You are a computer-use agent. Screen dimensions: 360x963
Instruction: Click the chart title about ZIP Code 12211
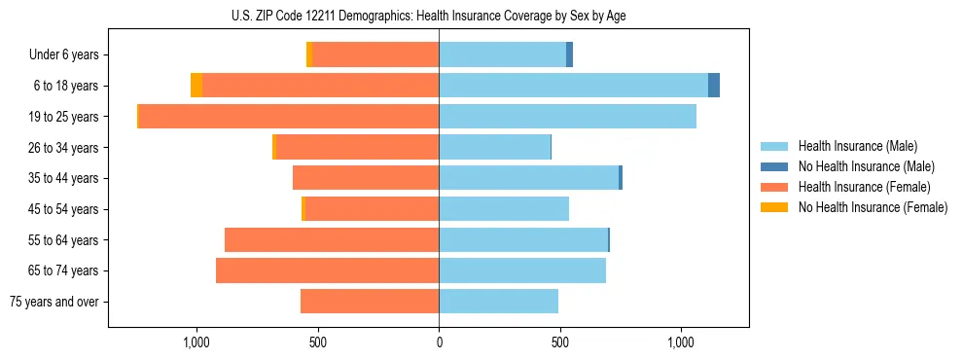tap(439, 16)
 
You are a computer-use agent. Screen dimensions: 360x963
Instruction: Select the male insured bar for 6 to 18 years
tap(573, 86)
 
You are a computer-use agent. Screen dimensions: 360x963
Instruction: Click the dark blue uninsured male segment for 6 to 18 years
tap(714, 86)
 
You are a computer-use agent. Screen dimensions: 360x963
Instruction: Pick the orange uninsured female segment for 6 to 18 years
tap(196, 86)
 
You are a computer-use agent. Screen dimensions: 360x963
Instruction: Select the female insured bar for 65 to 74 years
tap(327, 270)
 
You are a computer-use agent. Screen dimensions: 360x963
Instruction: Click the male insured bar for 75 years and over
tap(498, 302)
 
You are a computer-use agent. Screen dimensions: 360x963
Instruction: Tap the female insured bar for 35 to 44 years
tap(366, 178)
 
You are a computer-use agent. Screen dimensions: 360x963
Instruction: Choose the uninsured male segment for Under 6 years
tap(569, 54)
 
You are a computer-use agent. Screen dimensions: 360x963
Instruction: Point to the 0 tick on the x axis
tap(439, 342)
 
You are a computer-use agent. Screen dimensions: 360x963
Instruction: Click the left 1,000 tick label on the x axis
tap(196, 342)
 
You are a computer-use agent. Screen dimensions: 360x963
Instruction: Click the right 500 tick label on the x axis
tap(559, 342)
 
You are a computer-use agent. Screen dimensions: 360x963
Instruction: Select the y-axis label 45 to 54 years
tap(63, 209)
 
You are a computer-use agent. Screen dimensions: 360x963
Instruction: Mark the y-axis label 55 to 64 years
tap(63, 240)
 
